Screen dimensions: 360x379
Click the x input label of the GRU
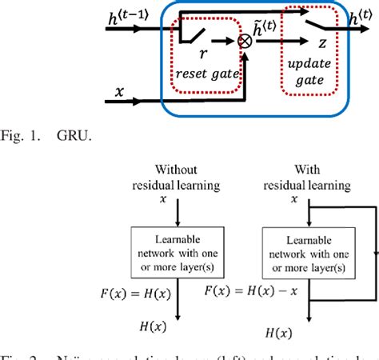120,94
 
